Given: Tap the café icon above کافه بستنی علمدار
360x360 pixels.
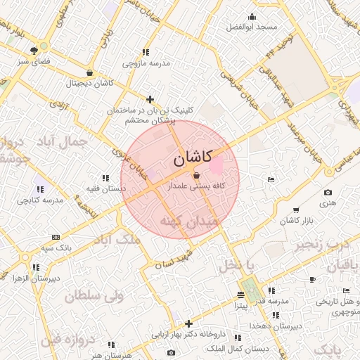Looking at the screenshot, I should click(196, 175).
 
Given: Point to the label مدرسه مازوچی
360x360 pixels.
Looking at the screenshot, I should click(146, 63).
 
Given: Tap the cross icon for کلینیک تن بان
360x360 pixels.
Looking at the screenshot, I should click(150, 99).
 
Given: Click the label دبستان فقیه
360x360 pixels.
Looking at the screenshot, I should click(104, 188).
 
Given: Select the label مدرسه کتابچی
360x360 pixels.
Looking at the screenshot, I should click(39, 200).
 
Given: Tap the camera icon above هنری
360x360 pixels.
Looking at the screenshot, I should click(328, 193).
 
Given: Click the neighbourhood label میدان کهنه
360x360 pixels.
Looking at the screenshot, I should click(190, 221).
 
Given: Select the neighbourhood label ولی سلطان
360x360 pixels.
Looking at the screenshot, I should click(94, 296).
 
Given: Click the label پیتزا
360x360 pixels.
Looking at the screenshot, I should click(240, 307).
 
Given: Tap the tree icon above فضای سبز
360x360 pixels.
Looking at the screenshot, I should click(34, 50).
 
